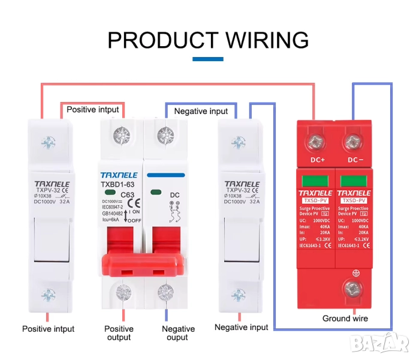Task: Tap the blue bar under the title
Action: pyautogui.click(x=207, y=59)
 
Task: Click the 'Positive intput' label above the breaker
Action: pyautogui.click(x=93, y=110)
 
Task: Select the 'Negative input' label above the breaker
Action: pyautogui.click(x=201, y=111)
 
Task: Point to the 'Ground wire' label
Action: pyautogui.click(x=345, y=318)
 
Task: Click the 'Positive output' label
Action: pyautogui.click(x=119, y=333)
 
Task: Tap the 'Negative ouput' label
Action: pyautogui.click(x=178, y=333)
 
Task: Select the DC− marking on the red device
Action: pyautogui.click(x=355, y=160)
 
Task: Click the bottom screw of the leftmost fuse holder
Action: pyautogui.click(x=48, y=294)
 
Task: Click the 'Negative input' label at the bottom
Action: pyautogui.click(x=241, y=327)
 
